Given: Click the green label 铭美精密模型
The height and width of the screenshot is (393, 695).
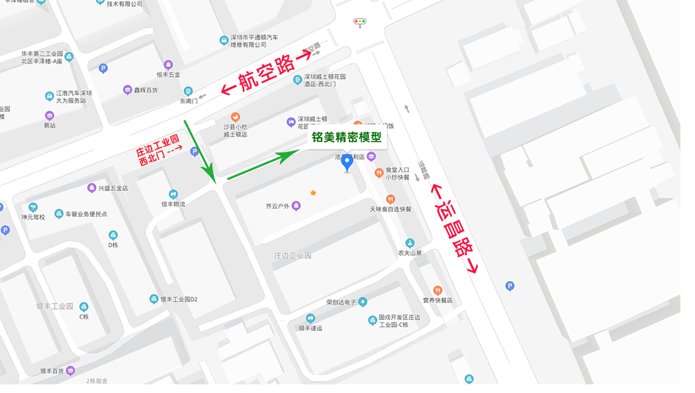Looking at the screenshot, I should [x=347, y=138].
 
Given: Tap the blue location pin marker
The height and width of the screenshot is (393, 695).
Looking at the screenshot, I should [x=347, y=163].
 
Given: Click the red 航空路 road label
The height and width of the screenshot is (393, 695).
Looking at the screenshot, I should [x=265, y=76].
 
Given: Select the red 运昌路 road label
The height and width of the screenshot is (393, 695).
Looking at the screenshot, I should [x=454, y=229].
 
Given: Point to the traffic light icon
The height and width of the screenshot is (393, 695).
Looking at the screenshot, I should [x=359, y=22].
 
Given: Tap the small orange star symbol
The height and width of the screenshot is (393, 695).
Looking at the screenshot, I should [x=313, y=193].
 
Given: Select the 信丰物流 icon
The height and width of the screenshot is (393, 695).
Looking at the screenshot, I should [x=173, y=194].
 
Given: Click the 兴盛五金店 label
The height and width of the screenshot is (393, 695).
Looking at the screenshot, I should [x=113, y=188].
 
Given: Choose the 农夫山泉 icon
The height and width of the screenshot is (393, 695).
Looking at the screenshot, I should [x=410, y=243].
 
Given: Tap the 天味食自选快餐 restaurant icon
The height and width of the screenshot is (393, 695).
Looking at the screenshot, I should [x=391, y=199].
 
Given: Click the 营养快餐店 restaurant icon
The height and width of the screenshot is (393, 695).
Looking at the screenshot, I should [x=437, y=290].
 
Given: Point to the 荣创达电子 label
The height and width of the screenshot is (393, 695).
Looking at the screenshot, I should [x=342, y=302].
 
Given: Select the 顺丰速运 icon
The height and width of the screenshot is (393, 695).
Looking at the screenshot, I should [x=310, y=319].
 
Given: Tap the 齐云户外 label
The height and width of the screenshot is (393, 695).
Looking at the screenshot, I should [x=277, y=206].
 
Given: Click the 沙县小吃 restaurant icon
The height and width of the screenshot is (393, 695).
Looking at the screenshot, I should [x=235, y=117].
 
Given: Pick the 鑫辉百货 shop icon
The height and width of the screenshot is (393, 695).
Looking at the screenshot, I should [x=128, y=90].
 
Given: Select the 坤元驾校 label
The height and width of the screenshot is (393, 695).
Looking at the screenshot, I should [x=33, y=217].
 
